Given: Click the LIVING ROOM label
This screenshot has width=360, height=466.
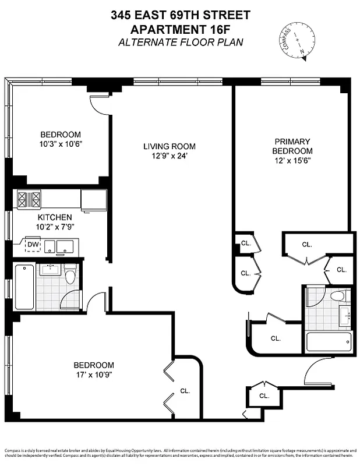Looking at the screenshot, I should [x=170, y=147].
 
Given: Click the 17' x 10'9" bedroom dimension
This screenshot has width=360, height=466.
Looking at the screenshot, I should [x=94, y=375].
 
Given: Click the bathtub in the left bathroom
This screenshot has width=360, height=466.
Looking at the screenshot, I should [x=24, y=287].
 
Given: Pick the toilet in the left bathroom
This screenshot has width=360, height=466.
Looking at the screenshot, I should [x=70, y=274].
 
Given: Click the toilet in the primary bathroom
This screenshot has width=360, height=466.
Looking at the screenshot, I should [x=338, y=296].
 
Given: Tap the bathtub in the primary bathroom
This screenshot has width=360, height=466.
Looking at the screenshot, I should [x=329, y=341].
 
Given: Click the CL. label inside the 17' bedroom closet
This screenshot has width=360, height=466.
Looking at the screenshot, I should [x=185, y=391].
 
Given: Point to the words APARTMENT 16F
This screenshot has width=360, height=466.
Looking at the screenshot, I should [x=180, y=29].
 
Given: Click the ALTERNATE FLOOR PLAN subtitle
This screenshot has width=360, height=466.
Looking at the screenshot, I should [x=180, y=42].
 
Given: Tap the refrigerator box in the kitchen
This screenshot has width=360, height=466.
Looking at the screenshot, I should [x=93, y=200].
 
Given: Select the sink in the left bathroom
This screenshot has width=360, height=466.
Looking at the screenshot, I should [x=50, y=269].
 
